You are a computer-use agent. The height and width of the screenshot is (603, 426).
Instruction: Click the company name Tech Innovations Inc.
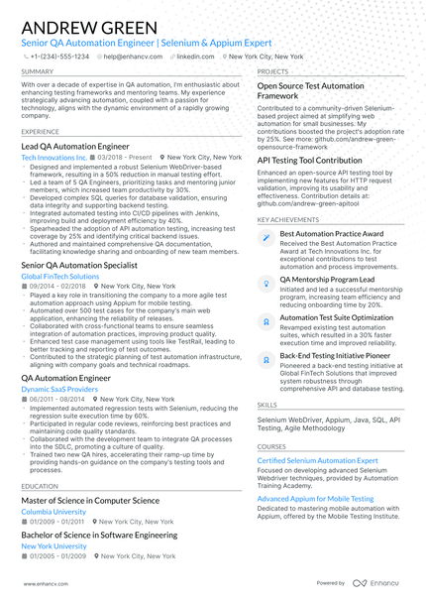click(x=53, y=158)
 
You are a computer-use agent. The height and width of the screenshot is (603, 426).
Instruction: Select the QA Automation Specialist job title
click(x=78, y=266)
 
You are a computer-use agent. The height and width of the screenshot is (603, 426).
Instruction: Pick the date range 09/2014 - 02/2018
click(x=57, y=286)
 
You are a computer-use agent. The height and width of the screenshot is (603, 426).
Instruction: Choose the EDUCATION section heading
click(x=39, y=486)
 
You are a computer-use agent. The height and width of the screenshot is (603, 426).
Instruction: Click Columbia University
click(x=53, y=512)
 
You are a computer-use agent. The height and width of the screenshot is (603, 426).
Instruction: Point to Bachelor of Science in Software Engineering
click(x=99, y=535)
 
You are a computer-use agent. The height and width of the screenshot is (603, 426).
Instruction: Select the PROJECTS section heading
click(x=273, y=72)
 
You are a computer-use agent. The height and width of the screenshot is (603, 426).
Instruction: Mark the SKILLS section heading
click(x=267, y=405)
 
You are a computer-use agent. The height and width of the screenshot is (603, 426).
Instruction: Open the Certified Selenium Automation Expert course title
click(x=317, y=461)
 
